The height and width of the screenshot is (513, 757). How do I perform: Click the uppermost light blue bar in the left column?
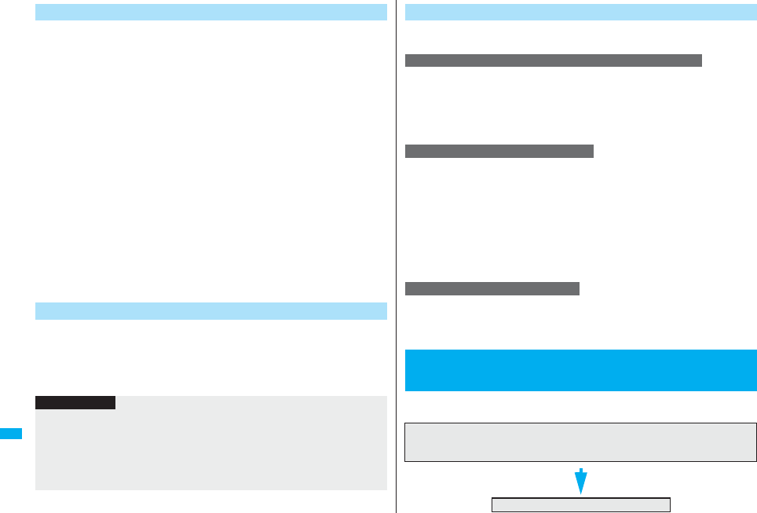211,13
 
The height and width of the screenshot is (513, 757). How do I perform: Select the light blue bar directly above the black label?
211,311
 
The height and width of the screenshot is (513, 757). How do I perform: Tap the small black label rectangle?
75,402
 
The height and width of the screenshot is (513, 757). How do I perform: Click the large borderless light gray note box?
211,448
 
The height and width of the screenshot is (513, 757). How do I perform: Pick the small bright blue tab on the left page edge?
11,434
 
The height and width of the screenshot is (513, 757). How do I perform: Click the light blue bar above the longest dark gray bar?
580,13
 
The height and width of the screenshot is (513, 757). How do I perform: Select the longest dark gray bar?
553,61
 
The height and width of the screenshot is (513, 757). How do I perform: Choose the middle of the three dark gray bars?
499,151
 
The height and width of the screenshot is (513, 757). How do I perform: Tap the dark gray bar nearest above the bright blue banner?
492,288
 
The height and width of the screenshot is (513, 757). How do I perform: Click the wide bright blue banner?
580,370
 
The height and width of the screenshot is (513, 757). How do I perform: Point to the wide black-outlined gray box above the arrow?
580,442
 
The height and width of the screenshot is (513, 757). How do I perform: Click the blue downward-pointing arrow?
580,480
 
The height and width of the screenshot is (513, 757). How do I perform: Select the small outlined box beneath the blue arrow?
580,504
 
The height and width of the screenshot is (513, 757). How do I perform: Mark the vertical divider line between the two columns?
397,259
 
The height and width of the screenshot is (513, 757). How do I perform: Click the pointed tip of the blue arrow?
580,493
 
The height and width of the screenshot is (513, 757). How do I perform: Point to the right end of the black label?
114,402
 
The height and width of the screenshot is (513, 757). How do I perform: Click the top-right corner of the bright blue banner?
755,350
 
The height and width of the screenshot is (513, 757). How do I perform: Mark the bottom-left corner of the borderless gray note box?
36,489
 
